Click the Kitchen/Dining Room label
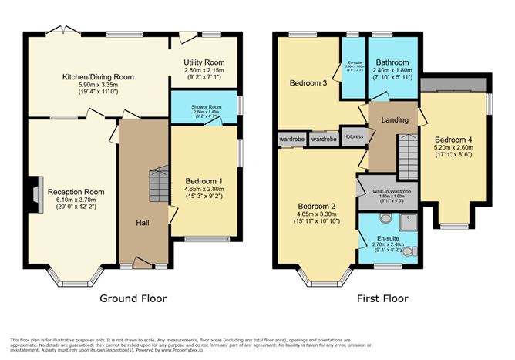pos(99,77)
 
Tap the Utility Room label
pos(204,62)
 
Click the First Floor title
pos(382,298)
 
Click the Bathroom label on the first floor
pos(392,63)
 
